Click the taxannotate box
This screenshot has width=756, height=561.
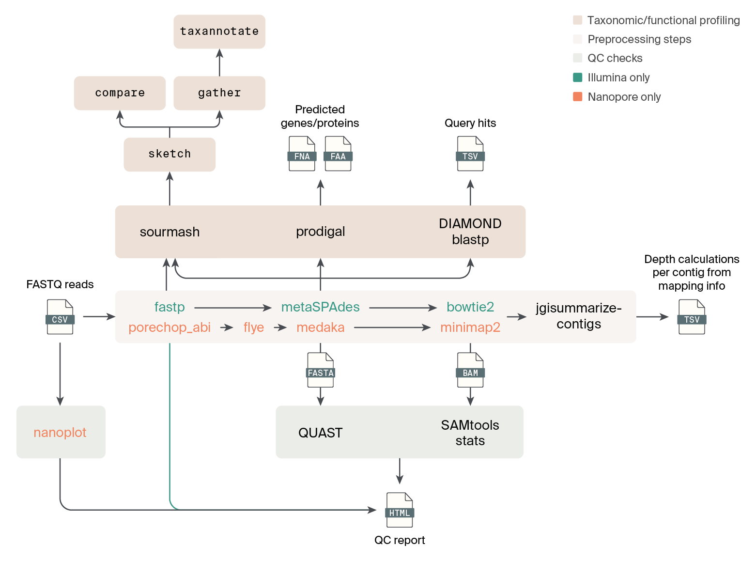(x=219, y=31)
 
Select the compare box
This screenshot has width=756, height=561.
(x=120, y=93)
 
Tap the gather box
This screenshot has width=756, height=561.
(x=219, y=93)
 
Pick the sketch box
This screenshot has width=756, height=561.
(x=170, y=154)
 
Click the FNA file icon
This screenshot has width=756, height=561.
(x=302, y=154)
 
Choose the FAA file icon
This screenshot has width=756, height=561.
(x=338, y=154)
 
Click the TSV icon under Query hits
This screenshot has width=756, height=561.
(x=470, y=154)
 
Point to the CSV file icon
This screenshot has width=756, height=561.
(x=60, y=317)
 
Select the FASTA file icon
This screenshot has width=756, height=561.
(x=320, y=370)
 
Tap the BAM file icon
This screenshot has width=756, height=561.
(x=470, y=370)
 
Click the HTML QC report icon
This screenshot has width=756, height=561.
(x=400, y=510)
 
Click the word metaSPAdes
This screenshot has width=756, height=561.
(x=320, y=307)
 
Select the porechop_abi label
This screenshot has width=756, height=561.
(x=170, y=327)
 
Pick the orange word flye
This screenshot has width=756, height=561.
(x=253, y=327)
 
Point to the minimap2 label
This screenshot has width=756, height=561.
(x=470, y=327)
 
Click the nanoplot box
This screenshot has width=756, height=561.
(x=61, y=432)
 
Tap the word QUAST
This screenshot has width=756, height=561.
(x=320, y=433)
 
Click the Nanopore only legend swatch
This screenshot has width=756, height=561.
(x=577, y=96)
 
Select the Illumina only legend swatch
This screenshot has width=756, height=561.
(x=577, y=78)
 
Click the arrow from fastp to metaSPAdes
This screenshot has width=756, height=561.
(x=232, y=308)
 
